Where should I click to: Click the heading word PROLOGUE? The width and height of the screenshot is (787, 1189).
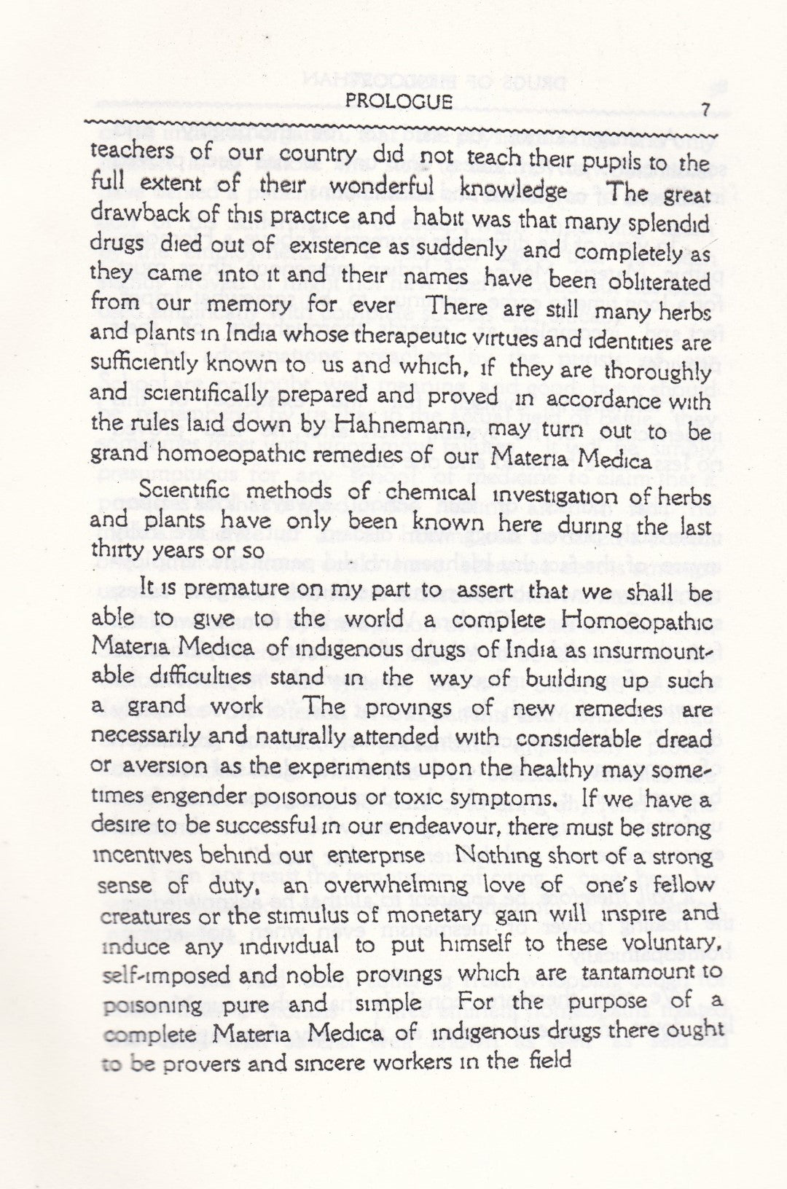coord(399,101)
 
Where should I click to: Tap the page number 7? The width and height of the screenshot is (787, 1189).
coord(705,108)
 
